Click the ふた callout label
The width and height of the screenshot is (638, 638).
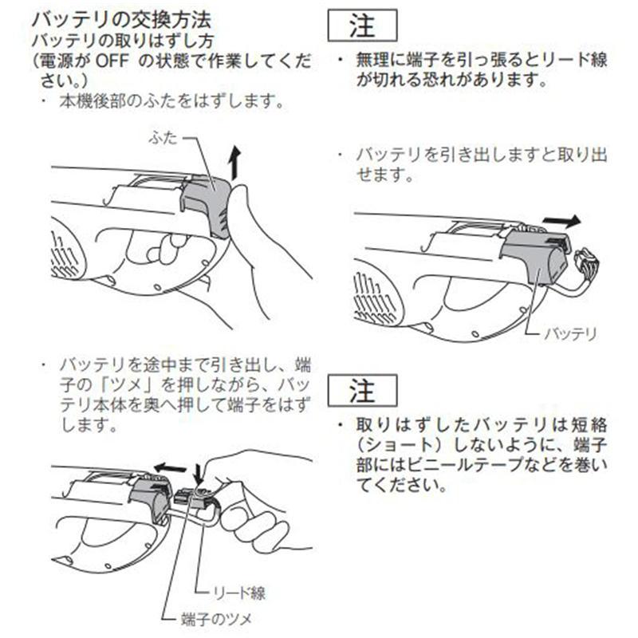click(x=161, y=137)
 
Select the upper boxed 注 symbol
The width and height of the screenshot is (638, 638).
click(x=364, y=26)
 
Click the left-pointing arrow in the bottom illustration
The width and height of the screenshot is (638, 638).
click(x=169, y=466)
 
